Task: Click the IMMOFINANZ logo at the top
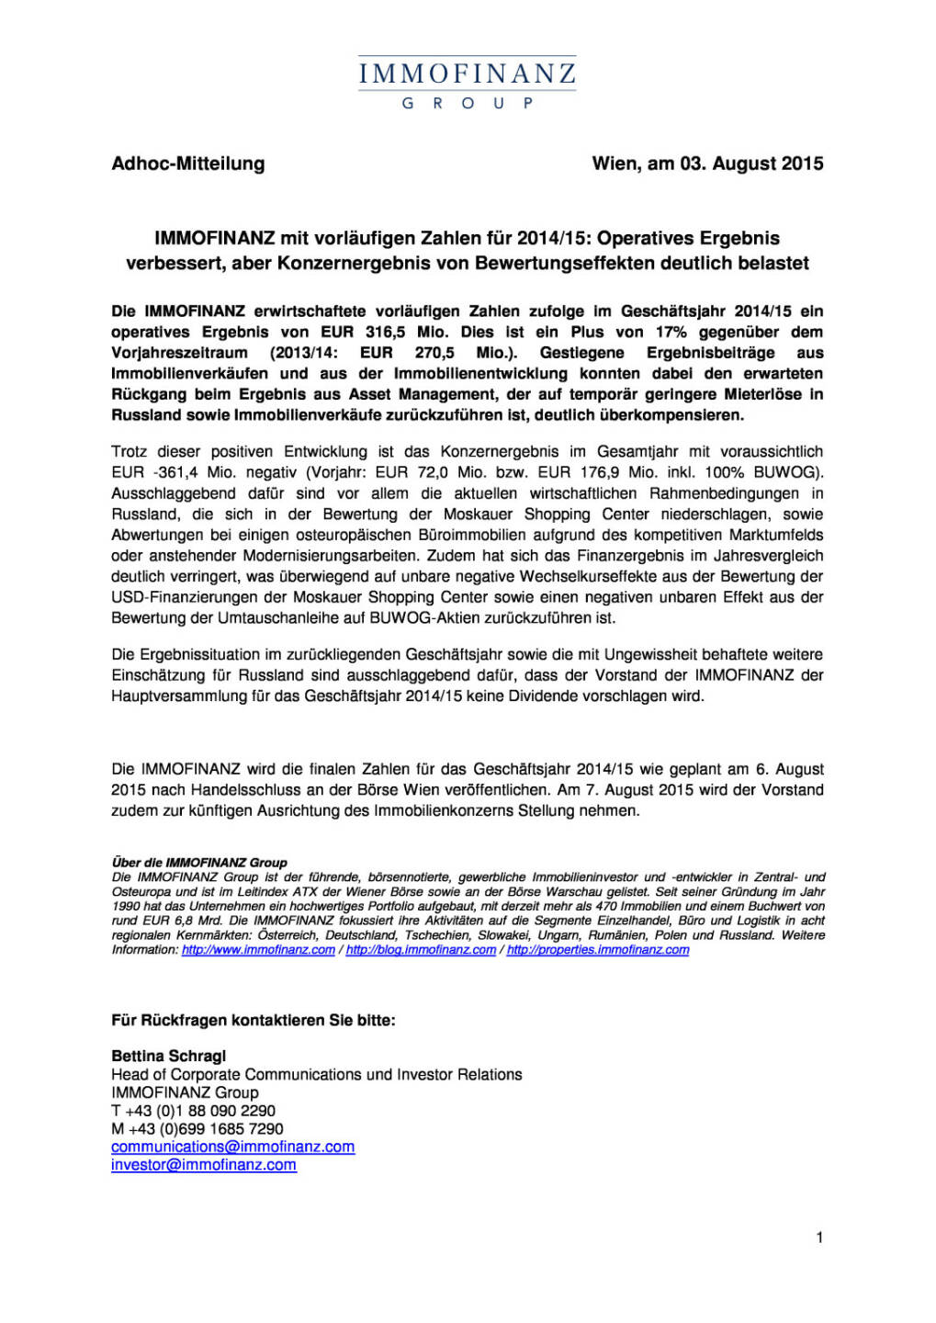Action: coord(467,73)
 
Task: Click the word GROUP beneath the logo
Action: coord(467,104)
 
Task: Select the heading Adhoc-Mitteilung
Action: coord(188,164)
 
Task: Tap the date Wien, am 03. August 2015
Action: coord(707,164)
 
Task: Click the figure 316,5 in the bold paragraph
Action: coord(386,332)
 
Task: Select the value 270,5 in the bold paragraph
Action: coord(434,353)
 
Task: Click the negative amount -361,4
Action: coord(173,472)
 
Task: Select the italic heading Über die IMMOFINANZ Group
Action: coord(199,863)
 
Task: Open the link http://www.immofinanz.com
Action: coord(258,950)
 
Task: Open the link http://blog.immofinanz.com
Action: coord(421,950)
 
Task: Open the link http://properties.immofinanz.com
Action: coord(598,950)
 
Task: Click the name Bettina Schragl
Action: coord(168,1056)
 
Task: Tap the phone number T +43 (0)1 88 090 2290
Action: coord(193,1111)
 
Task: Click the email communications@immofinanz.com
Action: coord(232,1147)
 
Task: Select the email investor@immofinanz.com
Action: coord(204,1165)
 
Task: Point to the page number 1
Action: coord(819,1238)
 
